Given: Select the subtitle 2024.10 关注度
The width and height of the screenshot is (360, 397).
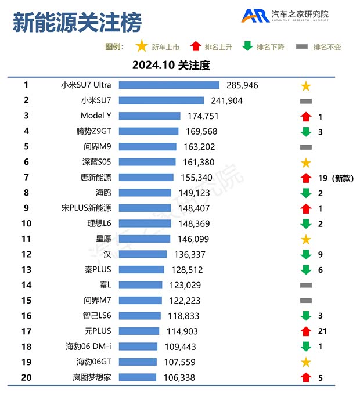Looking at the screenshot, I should (x=171, y=65).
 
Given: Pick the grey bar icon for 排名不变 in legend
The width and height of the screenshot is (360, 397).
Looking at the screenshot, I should (x=302, y=47).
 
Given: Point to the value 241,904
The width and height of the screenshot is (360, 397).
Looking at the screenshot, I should (x=226, y=100).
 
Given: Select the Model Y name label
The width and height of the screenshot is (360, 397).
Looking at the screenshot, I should (x=96, y=116).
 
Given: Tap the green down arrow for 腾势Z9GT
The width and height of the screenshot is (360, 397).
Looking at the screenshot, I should (x=306, y=132).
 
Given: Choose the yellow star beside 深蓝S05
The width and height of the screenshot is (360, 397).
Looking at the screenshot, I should (x=306, y=163).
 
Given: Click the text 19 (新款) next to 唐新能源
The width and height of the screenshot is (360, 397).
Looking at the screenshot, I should (x=336, y=178).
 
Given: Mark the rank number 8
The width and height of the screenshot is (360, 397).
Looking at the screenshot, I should (x=26, y=192).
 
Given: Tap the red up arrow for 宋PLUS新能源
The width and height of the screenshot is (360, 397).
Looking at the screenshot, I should (x=306, y=208).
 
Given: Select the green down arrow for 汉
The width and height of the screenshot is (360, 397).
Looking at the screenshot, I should (x=306, y=254).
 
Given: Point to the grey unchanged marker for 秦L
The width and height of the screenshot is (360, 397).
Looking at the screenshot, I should (x=306, y=285).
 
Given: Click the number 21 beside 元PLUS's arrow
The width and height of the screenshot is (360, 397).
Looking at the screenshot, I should (x=323, y=331).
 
